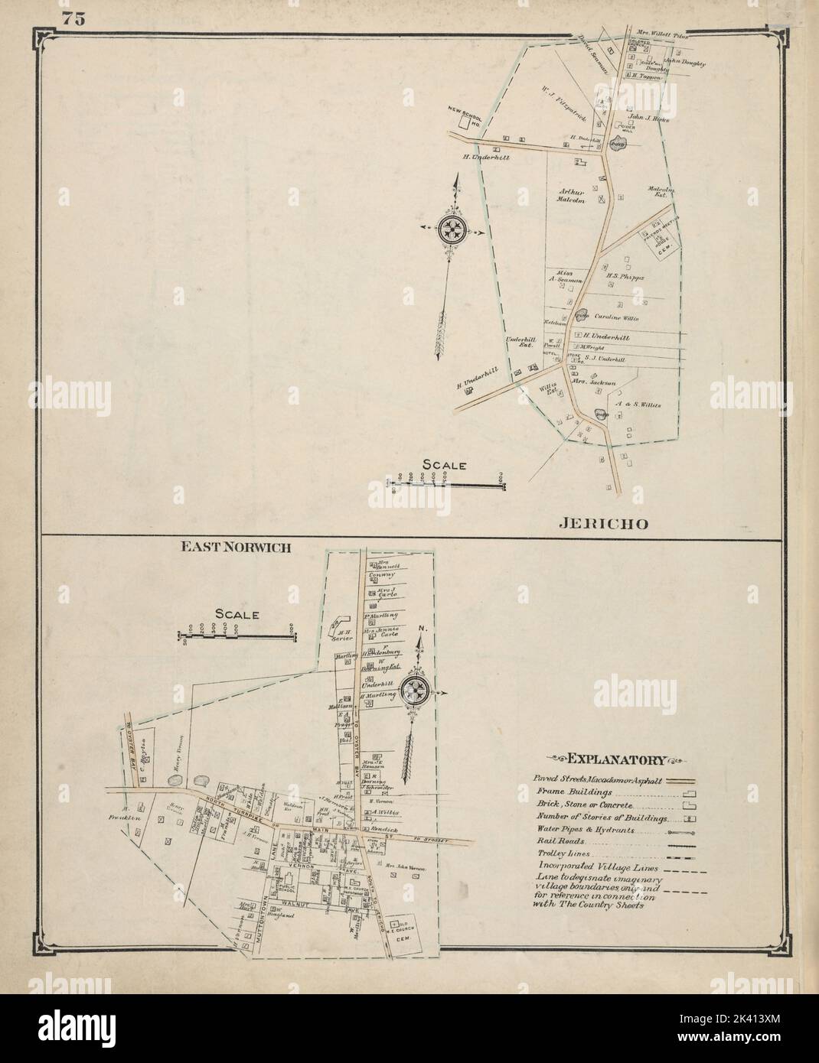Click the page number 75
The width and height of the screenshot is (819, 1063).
click(73, 20)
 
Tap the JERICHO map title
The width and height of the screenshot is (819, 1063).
click(604, 524)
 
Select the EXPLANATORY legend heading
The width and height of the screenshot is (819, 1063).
click(615, 759)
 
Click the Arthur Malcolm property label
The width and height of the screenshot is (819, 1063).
click(570, 197)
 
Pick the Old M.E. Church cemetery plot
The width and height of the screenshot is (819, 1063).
click(403, 929)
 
